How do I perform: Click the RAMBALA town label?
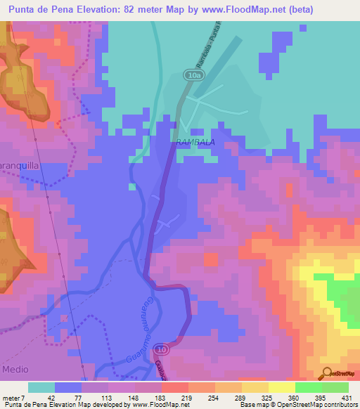click(x=194, y=142)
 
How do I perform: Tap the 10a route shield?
click(x=193, y=74)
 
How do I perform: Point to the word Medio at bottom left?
click(x=15, y=368)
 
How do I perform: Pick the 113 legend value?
click(x=96, y=397)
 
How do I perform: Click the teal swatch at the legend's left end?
click(x=41, y=387)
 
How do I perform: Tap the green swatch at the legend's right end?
click(x=335, y=387)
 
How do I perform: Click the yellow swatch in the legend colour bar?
click(x=282, y=387)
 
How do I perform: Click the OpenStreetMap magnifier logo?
click(x=327, y=372)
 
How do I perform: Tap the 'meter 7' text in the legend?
click(x=14, y=397)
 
